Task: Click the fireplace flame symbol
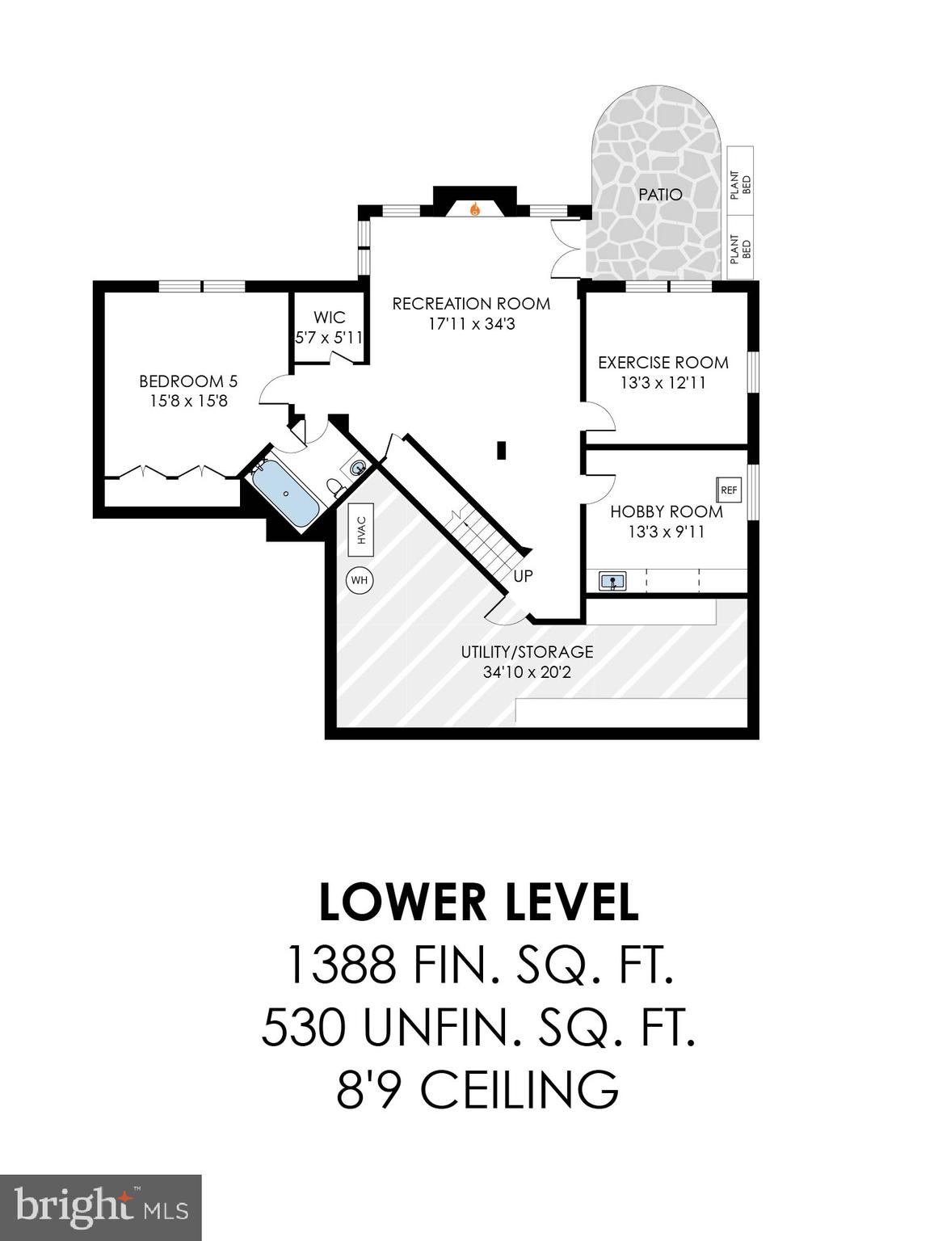[x=475, y=209]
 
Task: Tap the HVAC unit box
[x=361, y=530]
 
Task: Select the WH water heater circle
[x=360, y=580]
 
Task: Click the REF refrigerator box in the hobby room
[x=729, y=490]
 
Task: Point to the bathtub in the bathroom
[x=285, y=495]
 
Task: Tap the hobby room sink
[x=612, y=580]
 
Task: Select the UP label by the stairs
[x=523, y=576]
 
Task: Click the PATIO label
[x=660, y=195]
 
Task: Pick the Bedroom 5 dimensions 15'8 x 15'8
[x=188, y=401]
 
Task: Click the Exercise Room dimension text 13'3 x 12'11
[x=662, y=383]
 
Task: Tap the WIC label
[x=330, y=318]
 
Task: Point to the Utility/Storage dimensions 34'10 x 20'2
[x=527, y=672]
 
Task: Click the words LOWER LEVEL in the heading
[x=478, y=902]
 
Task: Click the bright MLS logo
[x=100, y=1207]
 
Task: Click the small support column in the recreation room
[x=502, y=449]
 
